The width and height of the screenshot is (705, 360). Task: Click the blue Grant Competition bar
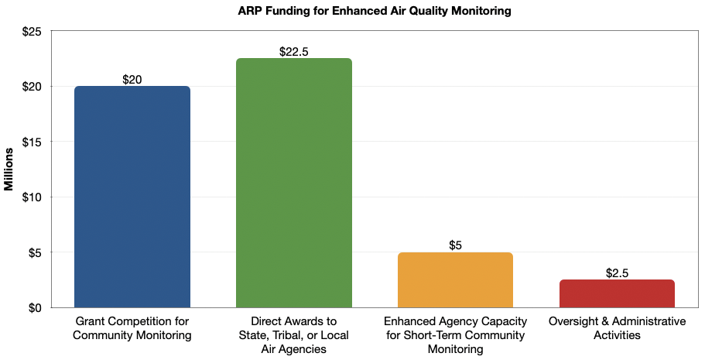[132, 197]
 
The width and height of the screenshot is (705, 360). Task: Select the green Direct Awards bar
[293, 183]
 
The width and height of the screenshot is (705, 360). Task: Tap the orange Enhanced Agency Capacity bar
[455, 279]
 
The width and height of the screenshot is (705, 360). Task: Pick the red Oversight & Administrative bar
[617, 293]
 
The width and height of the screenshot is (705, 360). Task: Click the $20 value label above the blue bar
[132, 80]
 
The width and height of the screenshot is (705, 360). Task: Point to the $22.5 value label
[293, 52]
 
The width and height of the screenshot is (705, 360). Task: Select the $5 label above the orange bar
[455, 245]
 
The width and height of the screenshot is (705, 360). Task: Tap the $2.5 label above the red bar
[617, 273]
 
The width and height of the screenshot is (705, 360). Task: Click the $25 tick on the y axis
[32, 31]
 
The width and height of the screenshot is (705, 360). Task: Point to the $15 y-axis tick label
[32, 142]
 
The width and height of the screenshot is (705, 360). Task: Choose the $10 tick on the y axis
[32, 197]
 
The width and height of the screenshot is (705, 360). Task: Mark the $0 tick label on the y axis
[35, 307]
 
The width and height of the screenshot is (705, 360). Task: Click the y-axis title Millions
[9, 169]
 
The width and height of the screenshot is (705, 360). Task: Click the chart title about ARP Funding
[352, 11]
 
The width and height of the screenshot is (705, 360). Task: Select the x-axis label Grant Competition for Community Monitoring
[132, 328]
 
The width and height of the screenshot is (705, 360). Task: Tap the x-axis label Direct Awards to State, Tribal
[293, 334]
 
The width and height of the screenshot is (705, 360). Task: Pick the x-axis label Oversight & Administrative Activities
[617, 328]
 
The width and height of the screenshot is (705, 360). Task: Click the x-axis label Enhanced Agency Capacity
[455, 334]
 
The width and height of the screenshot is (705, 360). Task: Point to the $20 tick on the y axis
[32, 86]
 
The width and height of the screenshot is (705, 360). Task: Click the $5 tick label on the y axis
[35, 252]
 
